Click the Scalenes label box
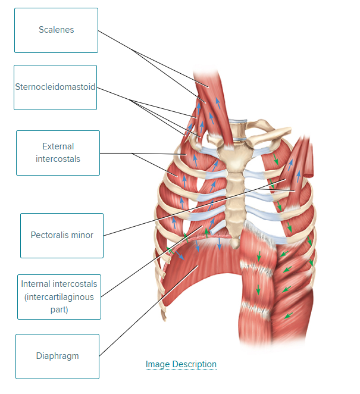tap(56, 30)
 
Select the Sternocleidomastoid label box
tap(55, 87)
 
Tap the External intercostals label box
tap(58, 153)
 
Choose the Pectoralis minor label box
tap(62, 236)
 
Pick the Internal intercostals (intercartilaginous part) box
tap(59, 297)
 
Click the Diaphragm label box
tap(57, 357)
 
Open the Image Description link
tap(181, 364)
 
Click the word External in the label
tap(58, 146)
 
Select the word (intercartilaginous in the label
tap(59, 297)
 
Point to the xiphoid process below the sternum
tap(236, 243)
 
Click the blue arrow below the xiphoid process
tap(220, 243)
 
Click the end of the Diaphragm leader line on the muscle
tap(198, 265)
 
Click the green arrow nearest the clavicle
tap(276, 159)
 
